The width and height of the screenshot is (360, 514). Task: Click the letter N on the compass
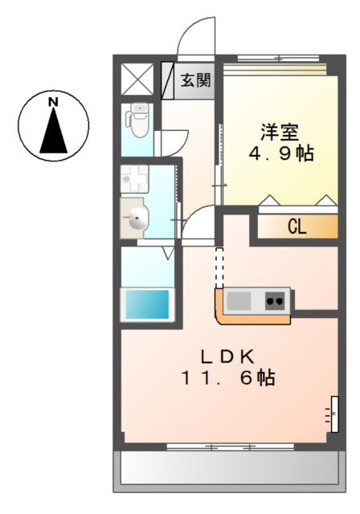coord(54,102)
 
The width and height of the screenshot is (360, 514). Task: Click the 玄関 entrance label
coord(195,80)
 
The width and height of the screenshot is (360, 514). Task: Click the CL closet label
coord(297,227)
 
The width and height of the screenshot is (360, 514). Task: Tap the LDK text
coord(227,356)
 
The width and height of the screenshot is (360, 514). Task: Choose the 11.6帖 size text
coord(227,378)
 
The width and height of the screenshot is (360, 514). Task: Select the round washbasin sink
coord(137,218)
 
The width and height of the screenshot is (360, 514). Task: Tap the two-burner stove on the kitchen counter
coord(275,301)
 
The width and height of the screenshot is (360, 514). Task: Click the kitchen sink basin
coord(239,301)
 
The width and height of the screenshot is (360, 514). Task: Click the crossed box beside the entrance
coord(137,80)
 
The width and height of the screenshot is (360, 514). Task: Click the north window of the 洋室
coord(278,59)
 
